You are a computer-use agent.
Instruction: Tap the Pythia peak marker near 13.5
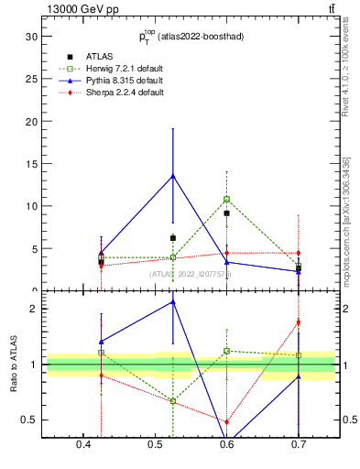point(172,176)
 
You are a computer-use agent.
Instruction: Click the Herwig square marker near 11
point(226,199)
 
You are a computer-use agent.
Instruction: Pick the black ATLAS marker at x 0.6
point(226,213)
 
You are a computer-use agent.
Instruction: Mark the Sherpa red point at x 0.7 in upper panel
point(299,253)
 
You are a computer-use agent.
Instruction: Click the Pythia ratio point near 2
point(172,302)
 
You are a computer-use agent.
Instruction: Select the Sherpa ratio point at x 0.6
point(226,421)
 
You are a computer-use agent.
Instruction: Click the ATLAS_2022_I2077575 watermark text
point(191,273)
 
